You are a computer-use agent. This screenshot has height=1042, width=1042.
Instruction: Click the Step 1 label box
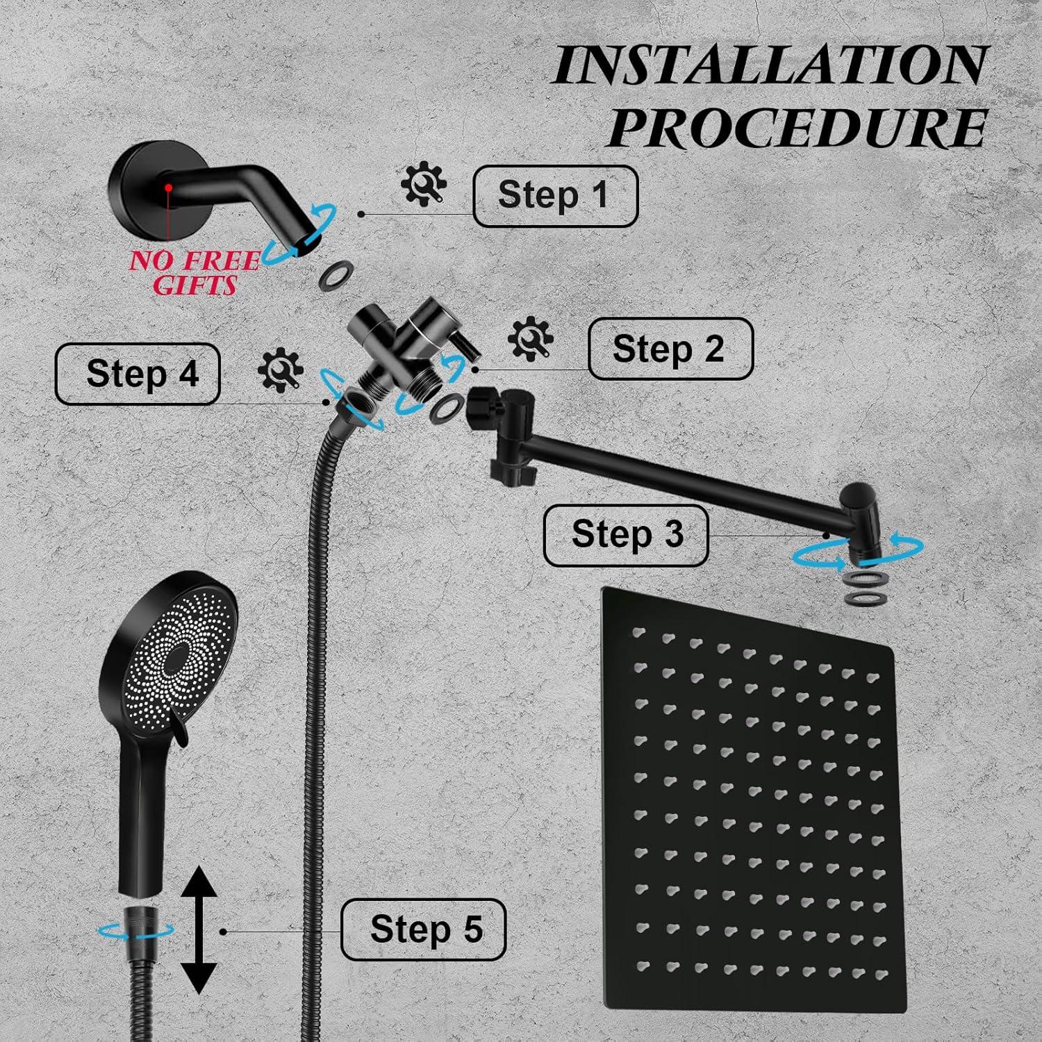[x=554, y=195]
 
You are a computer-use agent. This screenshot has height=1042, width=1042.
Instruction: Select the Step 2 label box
[x=670, y=348]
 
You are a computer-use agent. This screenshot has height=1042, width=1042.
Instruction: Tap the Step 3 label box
[x=625, y=535]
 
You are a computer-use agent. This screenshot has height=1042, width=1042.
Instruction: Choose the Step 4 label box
[x=138, y=374]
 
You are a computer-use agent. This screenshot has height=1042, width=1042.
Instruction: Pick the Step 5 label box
[x=423, y=929]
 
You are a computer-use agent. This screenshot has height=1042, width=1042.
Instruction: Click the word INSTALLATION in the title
[x=770, y=66]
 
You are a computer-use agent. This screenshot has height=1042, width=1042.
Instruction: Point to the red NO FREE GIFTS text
[x=195, y=272]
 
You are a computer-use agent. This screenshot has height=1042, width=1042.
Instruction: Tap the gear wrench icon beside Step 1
[x=423, y=184]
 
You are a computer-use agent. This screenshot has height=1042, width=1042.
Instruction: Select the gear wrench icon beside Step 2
[x=531, y=338]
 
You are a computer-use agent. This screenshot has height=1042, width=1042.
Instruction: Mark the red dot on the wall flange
[x=168, y=188]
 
